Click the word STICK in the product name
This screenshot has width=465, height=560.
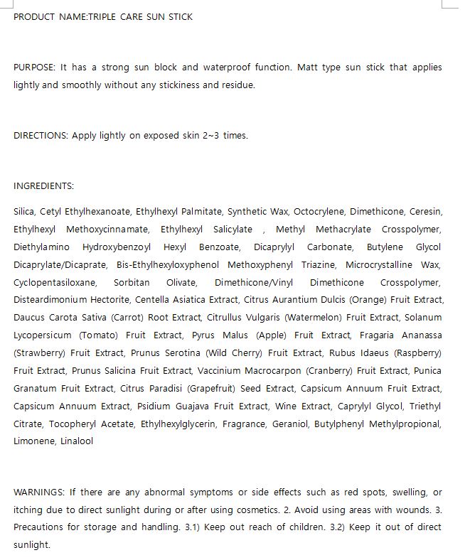coord(179,16)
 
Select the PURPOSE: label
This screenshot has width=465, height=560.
coord(34,68)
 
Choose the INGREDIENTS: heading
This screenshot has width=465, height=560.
coord(43,186)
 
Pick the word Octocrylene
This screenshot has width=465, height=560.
coord(319,211)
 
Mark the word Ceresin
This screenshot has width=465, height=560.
coord(426,211)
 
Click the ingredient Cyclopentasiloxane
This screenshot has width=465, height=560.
coord(54,282)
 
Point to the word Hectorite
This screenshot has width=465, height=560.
coord(110,300)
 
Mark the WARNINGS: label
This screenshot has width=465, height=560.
coord(40,492)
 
